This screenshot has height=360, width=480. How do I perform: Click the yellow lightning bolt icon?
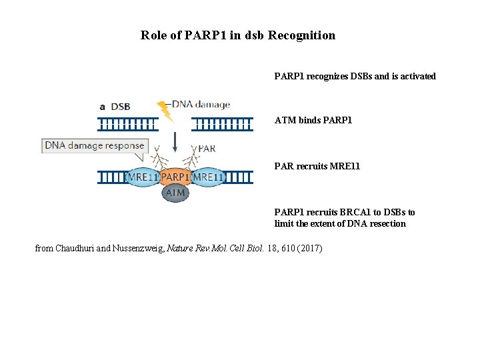pos(164,111)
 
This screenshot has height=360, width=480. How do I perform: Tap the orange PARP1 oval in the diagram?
pos(175,177)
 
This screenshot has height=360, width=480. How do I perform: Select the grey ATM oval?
pos(175,193)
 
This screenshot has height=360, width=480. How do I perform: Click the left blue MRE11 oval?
pos(142,177)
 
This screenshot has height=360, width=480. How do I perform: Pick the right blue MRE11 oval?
pos(208,177)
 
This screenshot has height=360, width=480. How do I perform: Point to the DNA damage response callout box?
pos(95,146)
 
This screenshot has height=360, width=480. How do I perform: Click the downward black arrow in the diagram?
pos(175,142)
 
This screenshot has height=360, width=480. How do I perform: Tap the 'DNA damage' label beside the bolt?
pos(201,104)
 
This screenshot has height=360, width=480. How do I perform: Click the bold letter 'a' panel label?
pos(102,106)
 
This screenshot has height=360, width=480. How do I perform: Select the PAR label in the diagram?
pos(207,149)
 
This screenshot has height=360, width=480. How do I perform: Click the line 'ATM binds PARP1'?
pos(313,121)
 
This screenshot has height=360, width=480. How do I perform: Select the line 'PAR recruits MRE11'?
pos(317,165)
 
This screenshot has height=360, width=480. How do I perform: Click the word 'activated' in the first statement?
pos(417,76)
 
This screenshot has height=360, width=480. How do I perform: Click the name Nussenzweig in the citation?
pos(134,249)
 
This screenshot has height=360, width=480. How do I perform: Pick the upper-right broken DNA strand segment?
pos(222,123)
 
